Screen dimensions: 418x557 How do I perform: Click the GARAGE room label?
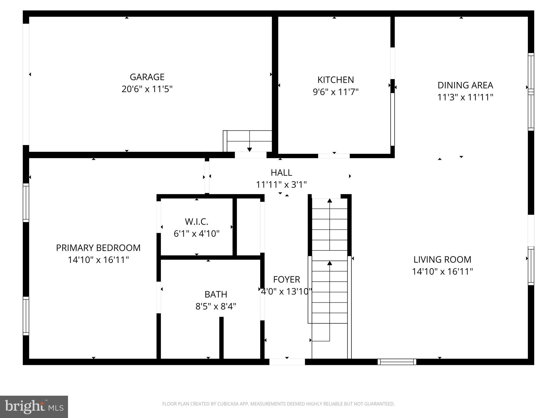(147, 77)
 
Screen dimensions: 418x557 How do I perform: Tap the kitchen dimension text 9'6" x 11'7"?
(335, 92)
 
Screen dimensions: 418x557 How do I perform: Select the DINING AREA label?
(465, 85)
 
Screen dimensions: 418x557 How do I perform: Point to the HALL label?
(281, 173)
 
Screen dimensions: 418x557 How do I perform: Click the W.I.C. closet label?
(196, 222)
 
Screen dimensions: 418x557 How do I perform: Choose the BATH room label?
(216, 294)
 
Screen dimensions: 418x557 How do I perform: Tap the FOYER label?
(286, 279)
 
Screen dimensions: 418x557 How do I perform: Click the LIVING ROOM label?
(442, 259)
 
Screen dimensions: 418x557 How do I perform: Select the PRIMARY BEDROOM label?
(98, 248)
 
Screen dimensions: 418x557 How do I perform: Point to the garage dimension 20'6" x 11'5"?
(147, 89)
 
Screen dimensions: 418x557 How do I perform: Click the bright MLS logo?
(34, 407)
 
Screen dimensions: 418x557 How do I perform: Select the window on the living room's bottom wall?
(397, 362)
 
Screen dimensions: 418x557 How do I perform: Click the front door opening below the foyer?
(287, 362)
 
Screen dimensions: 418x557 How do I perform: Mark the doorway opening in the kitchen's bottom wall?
(334, 156)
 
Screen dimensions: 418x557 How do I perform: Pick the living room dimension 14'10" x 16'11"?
(442, 272)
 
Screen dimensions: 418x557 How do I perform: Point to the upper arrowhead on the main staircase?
(330, 201)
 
